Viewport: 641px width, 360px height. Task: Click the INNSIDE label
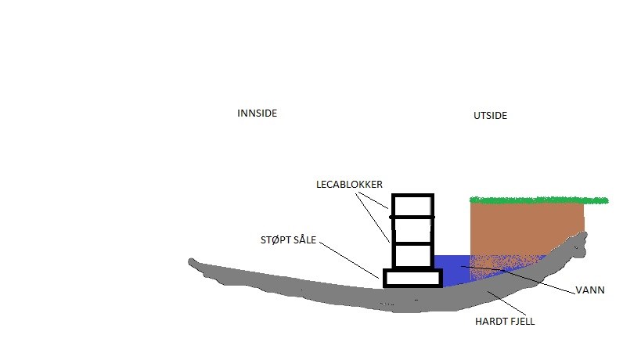257,113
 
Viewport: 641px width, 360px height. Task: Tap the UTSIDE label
490,116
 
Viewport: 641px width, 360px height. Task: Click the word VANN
590,290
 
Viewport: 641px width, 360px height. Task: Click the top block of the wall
412,205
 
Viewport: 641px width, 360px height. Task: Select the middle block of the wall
412,230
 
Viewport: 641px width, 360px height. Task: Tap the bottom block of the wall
412,255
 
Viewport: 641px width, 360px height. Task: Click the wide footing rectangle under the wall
412,278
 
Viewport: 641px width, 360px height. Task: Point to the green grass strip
538,200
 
